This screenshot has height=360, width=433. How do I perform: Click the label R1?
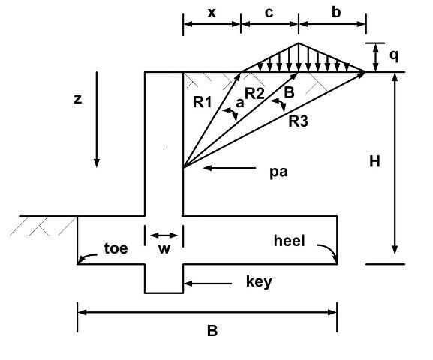203,102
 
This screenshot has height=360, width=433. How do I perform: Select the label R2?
254,93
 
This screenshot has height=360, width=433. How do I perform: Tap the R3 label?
298,121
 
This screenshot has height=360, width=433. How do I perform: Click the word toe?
116,248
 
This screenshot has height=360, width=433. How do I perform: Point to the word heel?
290,241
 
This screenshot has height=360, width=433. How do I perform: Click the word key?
259,282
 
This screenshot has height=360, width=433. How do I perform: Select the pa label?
278,172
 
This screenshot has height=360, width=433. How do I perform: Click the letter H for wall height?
374,161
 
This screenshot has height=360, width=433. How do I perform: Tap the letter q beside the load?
394,56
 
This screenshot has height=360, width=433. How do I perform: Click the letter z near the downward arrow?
78,99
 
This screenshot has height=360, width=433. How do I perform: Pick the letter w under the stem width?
164,249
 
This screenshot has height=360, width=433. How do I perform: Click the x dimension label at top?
212,13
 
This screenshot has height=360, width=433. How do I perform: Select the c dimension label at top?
269,13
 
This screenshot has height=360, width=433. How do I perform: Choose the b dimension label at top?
336,12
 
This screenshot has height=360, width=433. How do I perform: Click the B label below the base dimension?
212,331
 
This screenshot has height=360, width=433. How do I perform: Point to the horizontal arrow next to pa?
230,168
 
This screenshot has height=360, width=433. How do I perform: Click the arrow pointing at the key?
208,283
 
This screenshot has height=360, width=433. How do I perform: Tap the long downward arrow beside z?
97,119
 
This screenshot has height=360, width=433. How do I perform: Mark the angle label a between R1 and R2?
240,103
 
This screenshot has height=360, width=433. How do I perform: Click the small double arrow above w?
164,235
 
